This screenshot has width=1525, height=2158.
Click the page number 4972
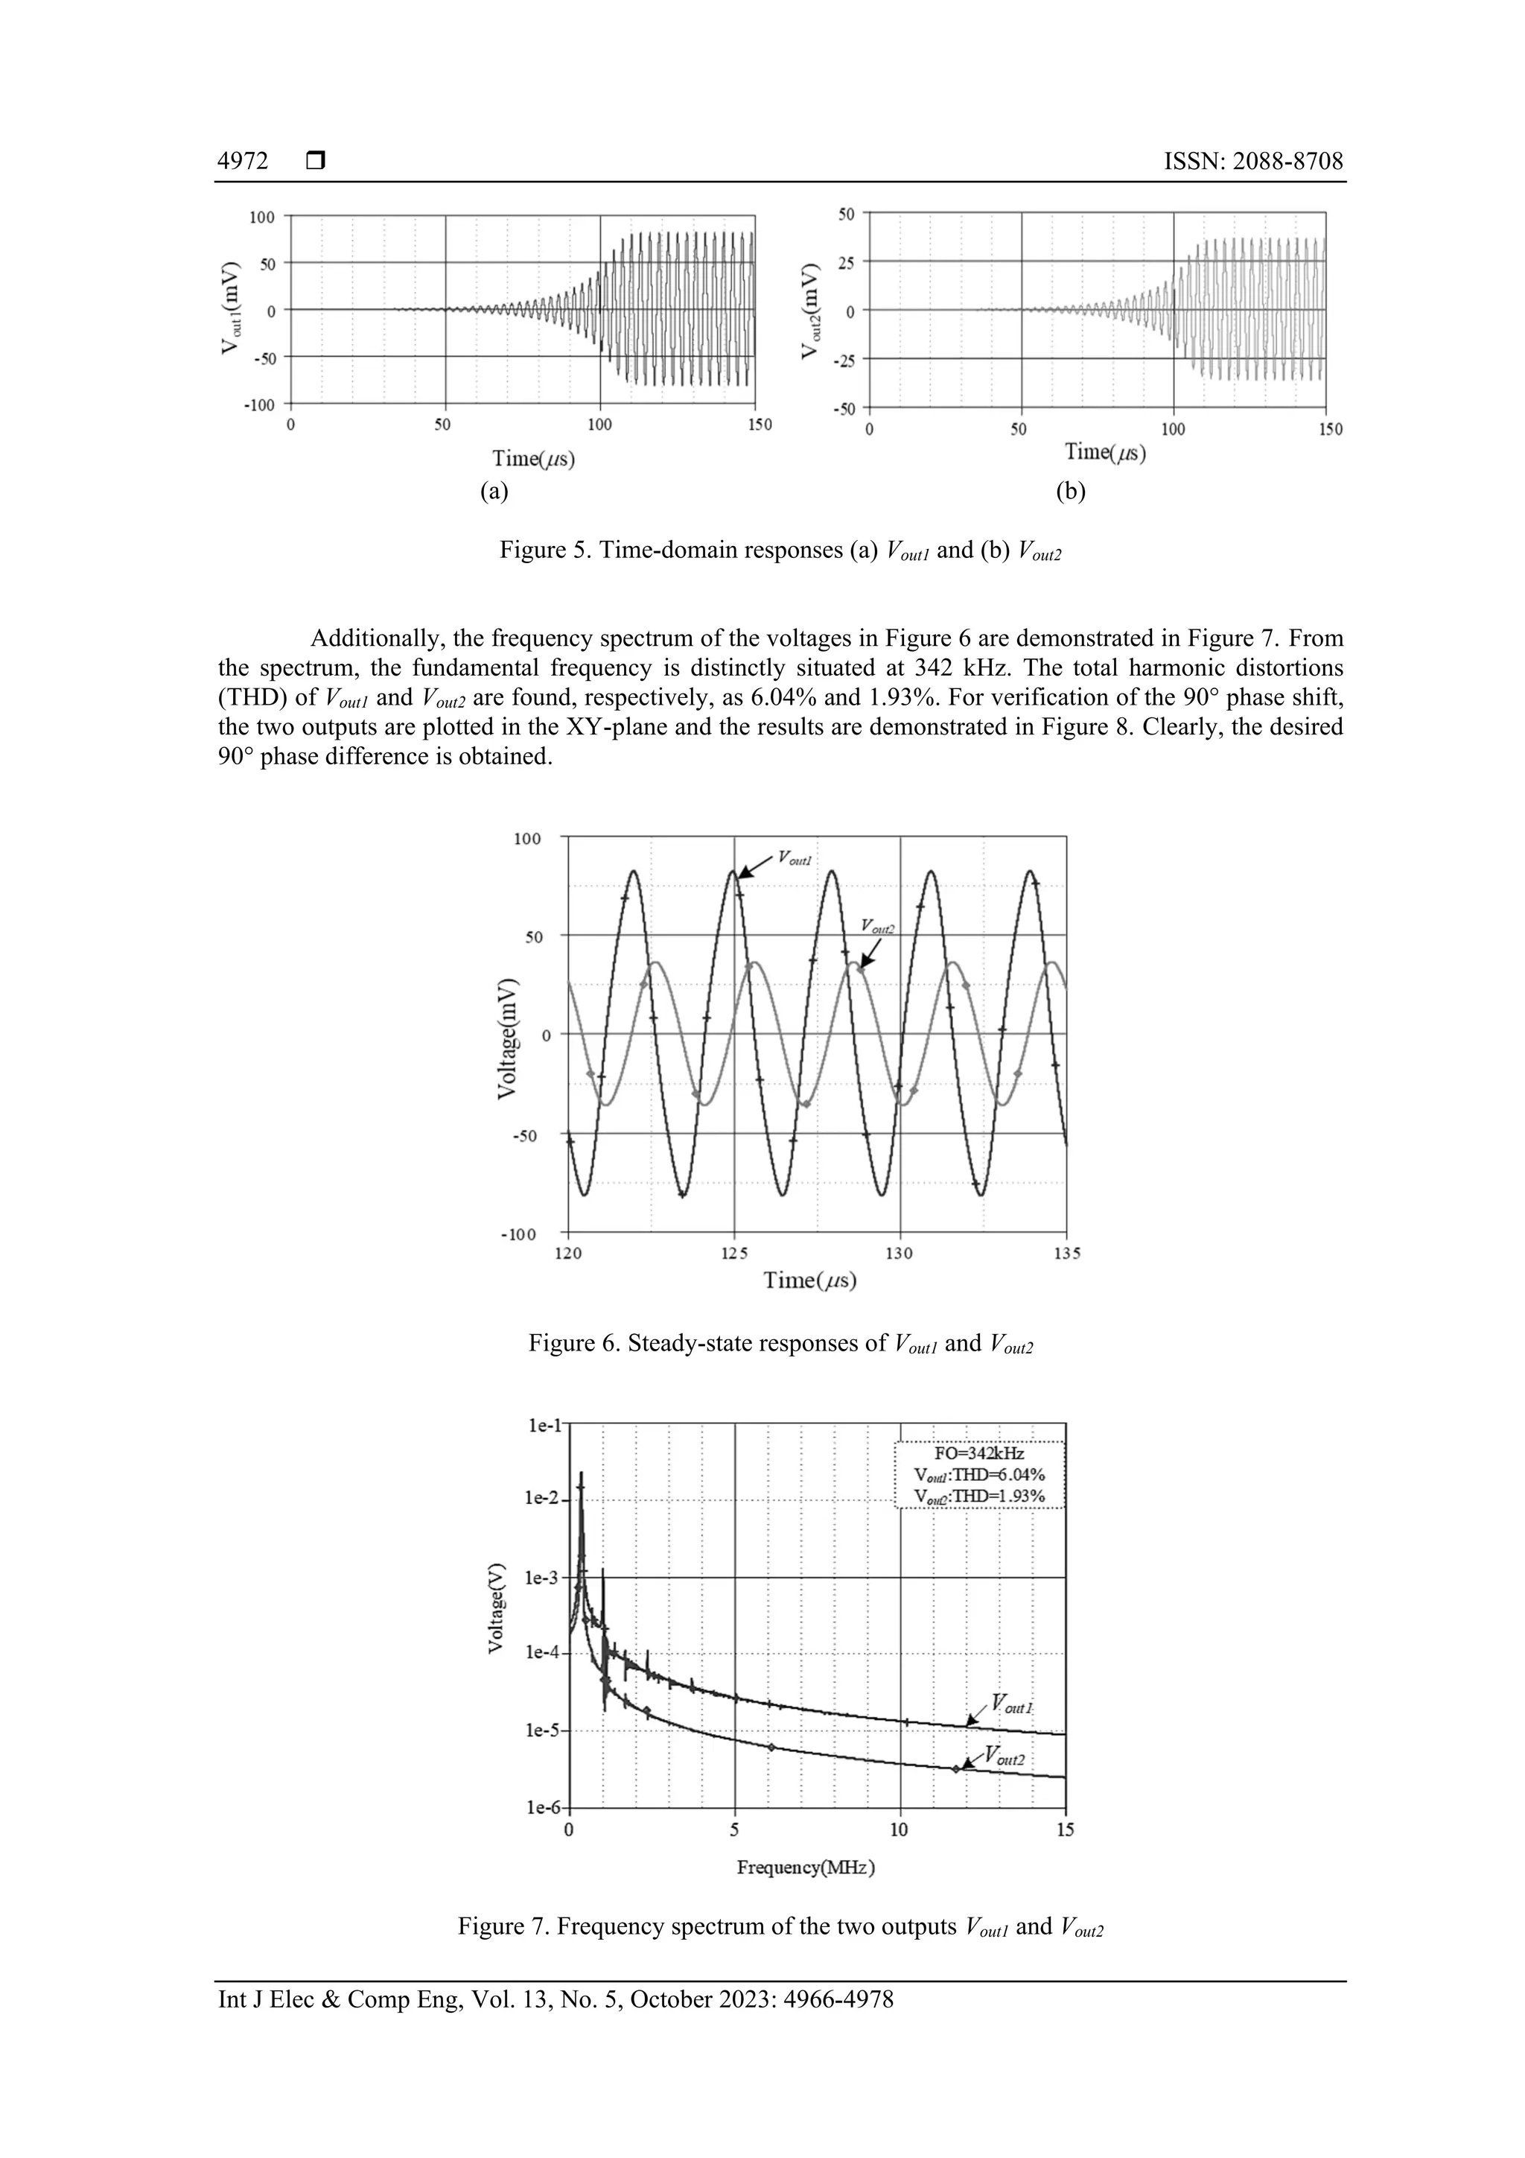point(243,162)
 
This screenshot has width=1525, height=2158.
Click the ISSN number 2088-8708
point(1252,162)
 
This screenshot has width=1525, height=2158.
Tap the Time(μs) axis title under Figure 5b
point(1105,452)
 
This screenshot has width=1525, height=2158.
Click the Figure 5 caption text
point(780,550)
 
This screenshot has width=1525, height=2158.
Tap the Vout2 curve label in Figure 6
point(878,927)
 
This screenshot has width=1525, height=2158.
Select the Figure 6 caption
point(780,1344)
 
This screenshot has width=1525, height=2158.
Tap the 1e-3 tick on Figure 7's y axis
point(542,1578)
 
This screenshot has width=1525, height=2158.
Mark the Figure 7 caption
point(780,1927)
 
